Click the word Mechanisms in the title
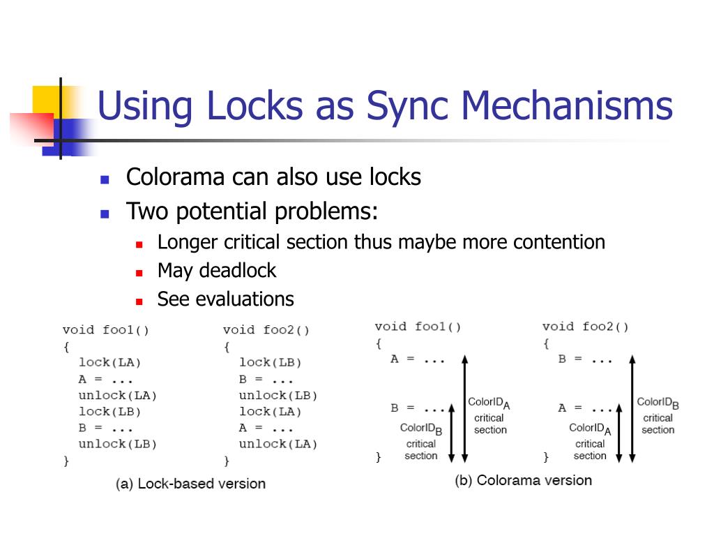[x=565, y=106]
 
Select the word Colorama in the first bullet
[x=174, y=177]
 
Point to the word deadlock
[x=237, y=271]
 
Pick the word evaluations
[x=245, y=299]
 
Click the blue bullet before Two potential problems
[x=105, y=213]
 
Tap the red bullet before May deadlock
[x=139, y=272]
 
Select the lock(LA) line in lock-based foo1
[x=109, y=362]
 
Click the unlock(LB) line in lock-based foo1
[x=117, y=444]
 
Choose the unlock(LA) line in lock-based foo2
[x=278, y=444]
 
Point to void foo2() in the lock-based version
[x=266, y=330]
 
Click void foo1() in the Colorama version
[x=418, y=327]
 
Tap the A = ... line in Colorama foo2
[x=585, y=408]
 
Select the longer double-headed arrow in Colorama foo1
[x=465, y=408]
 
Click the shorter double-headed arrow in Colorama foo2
[x=618, y=432]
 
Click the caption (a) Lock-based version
[x=190, y=484]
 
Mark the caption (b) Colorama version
[x=523, y=480]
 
